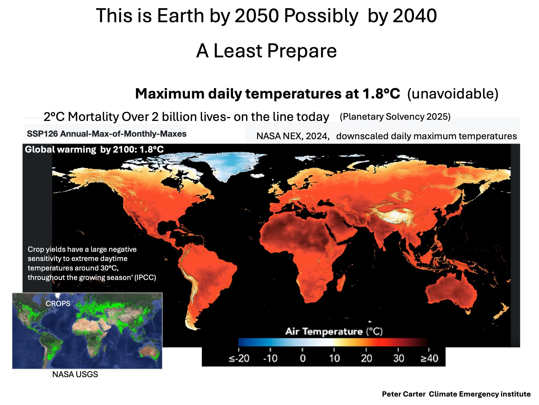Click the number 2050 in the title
(x=257, y=16)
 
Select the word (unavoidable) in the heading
(x=453, y=94)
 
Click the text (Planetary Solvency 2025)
(x=395, y=117)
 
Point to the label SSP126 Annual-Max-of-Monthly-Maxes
(x=107, y=134)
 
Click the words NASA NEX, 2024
(x=293, y=136)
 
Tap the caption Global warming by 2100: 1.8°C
(x=94, y=149)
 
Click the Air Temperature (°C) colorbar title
(x=334, y=332)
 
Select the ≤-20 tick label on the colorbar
(x=239, y=358)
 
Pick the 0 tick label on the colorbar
(x=302, y=358)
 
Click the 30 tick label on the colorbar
(x=398, y=358)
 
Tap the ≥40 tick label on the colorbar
(x=429, y=358)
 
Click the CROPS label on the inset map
(x=58, y=304)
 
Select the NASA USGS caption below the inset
(x=75, y=374)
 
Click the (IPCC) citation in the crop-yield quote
(x=145, y=278)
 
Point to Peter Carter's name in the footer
(x=404, y=394)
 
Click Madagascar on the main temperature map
(x=341, y=282)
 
